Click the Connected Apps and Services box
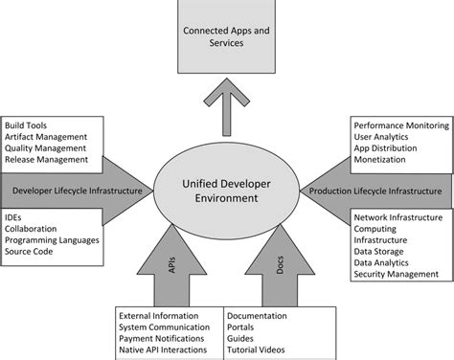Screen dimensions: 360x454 226,35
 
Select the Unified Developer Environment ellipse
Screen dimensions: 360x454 227,191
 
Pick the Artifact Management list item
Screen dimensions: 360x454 46,137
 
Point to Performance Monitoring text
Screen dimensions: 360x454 400,125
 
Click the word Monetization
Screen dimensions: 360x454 380,160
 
